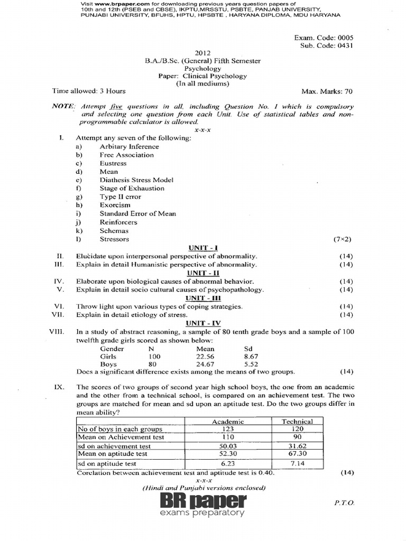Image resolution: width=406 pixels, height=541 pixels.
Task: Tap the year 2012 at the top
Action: (x=203, y=53)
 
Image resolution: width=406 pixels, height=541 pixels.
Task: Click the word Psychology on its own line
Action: (x=203, y=68)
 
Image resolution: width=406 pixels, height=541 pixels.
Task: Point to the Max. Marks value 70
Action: (x=348, y=91)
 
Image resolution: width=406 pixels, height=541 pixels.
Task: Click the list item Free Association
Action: (x=127, y=155)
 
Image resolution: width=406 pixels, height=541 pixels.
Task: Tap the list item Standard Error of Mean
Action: (x=138, y=213)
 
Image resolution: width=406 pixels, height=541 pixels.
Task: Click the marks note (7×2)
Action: (x=342, y=239)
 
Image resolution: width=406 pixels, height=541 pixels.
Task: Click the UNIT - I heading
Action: (x=203, y=247)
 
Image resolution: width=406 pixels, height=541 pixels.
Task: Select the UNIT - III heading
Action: (x=203, y=298)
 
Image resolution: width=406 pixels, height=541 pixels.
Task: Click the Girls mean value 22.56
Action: (x=205, y=356)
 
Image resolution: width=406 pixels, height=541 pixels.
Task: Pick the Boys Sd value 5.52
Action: (x=250, y=364)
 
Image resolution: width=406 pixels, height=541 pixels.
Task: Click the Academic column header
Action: (x=227, y=421)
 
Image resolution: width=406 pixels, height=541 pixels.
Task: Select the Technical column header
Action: (x=297, y=421)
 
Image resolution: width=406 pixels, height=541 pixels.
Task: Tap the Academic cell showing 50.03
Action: (x=227, y=446)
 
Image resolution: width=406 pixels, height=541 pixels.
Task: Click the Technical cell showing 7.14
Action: (x=297, y=463)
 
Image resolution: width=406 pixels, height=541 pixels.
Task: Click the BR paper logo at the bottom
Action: (x=204, y=504)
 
